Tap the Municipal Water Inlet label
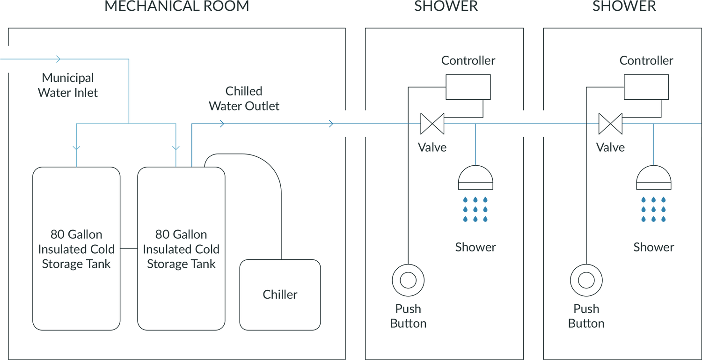68,85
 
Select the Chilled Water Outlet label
244,98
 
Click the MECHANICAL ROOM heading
176,7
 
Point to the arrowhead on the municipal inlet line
58,59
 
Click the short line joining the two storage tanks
129,248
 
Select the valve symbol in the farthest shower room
610,124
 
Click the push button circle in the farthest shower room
586,280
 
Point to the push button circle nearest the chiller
408,280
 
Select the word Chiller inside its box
280,294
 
